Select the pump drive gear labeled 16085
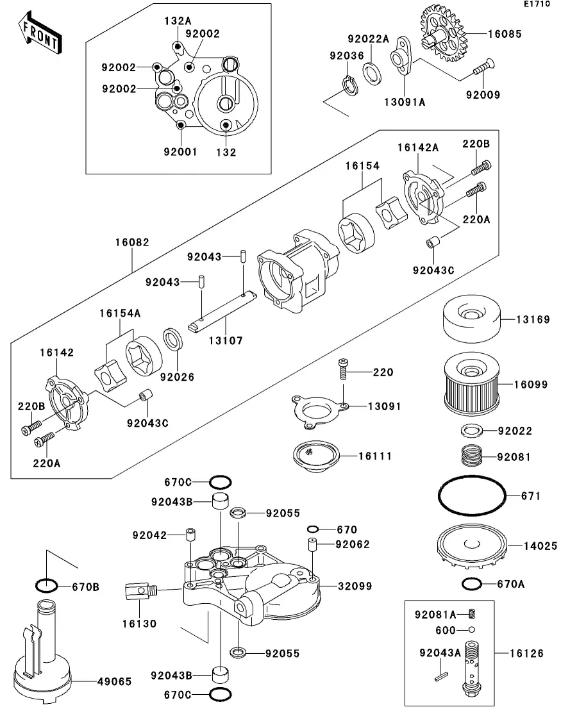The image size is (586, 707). [x=442, y=34]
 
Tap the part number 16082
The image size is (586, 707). [x=132, y=242]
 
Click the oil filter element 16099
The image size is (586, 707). [x=472, y=384]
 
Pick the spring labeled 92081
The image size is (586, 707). [x=472, y=458]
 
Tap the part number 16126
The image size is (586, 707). [x=526, y=653]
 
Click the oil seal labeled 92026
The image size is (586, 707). [x=172, y=340]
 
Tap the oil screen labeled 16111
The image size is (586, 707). [x=316, y=456]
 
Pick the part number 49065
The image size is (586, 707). [x=115, y=681]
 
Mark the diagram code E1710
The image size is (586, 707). [x=537, y=4]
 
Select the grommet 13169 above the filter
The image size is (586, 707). [x=472, y=319]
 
